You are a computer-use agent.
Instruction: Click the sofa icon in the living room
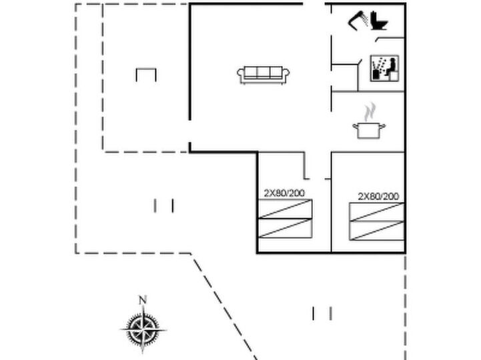point(264,75)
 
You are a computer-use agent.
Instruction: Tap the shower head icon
point(358,20)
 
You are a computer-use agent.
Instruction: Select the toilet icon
point(379,21)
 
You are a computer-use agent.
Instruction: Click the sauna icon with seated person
point(385,69)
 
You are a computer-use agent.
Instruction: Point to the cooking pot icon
point(369,130)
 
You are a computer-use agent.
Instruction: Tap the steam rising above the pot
point(370,111)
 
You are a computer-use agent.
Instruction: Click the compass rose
point(143,330)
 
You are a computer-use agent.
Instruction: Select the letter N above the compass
point(143,300)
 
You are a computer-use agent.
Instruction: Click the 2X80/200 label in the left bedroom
point(284,193)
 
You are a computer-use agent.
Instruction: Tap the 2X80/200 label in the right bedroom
point(378,196)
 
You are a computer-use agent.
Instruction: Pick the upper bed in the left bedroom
point(286,209)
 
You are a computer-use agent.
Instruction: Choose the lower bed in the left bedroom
point(286,229)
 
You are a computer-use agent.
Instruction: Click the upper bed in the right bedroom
point(377,212)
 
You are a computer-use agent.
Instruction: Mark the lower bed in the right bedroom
point(377,231)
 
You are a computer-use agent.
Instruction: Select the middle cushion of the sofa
point(264,73)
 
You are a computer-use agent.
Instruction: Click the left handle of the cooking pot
point(356,126)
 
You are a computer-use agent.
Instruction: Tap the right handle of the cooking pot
point(382,126)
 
